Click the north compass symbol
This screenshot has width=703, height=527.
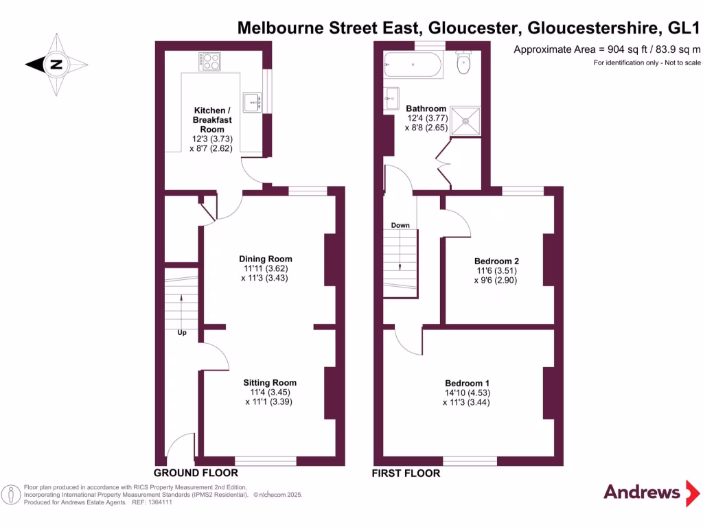point(56,65)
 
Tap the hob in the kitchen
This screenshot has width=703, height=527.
point(211,63)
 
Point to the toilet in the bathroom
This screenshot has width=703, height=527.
point(465,64)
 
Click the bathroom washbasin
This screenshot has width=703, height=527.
point(391,99)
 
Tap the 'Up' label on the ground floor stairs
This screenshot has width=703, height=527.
point(183,333)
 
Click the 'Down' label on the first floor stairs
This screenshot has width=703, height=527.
point(400,225)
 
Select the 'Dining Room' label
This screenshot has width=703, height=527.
point(266,259)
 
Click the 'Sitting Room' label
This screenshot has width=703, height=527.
point(270,383)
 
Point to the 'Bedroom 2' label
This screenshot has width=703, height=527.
point(496,261)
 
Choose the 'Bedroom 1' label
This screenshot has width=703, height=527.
point(467,383)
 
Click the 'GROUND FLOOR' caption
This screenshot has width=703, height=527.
point(196,473)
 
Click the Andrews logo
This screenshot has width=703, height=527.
point(641,492)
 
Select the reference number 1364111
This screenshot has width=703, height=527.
point(158,502)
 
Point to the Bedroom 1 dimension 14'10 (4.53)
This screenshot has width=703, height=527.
point(467,393)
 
